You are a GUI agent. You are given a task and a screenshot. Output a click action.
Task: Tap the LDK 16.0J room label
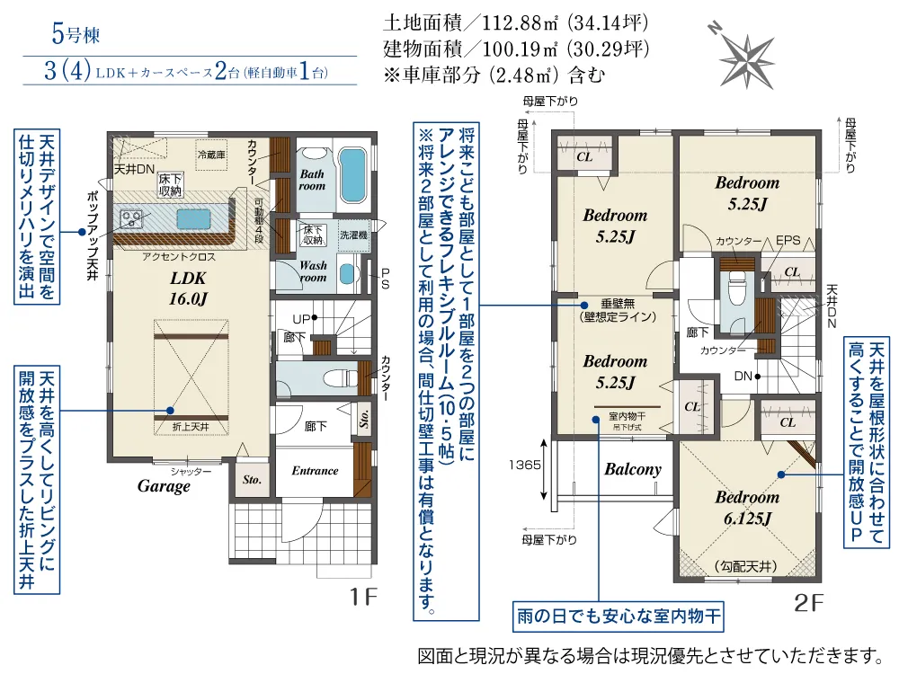point(188,288)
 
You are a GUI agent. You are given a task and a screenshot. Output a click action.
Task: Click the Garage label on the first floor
point(164,486)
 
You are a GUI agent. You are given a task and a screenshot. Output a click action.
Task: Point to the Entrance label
point(315,470)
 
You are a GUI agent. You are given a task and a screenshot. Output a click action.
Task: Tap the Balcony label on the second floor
point(632,468)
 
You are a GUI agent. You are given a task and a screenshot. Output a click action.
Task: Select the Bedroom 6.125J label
point(747,507)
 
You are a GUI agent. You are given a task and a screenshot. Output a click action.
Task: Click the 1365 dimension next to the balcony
point(528,466)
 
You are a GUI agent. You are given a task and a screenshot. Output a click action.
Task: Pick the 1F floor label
point(364,595)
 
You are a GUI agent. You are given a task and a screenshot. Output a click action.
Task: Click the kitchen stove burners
point(131,217)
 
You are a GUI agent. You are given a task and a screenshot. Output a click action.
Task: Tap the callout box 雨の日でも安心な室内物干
point(619,618)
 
